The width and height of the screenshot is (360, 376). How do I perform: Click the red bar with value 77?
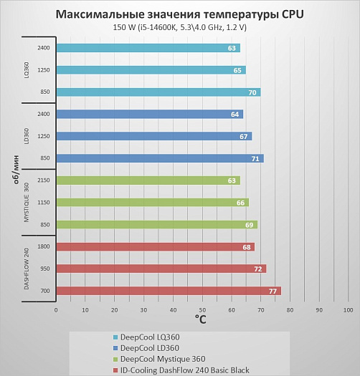[169, 291]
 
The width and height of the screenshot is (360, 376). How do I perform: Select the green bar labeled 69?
[157, 225]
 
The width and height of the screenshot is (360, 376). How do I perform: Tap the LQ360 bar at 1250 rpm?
[151, 70]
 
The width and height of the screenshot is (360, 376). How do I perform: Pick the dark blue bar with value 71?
[160, 158]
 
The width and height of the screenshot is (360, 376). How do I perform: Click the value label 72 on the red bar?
[258, 269]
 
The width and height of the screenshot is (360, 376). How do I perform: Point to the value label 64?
[235, 115]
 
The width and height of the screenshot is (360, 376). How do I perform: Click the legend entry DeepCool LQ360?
[146, 337]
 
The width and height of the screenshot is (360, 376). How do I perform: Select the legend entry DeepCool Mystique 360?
[159, 359]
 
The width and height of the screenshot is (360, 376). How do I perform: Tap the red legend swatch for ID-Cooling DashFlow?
[115, 370]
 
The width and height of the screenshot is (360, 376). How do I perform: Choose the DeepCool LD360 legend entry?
[146, 348]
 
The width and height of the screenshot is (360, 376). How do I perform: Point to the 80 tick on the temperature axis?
[290, 310]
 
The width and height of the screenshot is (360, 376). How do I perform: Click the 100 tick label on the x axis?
[349, 310]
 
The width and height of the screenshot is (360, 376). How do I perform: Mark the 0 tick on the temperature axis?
[56, 310]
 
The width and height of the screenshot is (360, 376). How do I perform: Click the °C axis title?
[201, 319]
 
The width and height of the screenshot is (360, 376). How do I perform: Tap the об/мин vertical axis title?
[16, 170]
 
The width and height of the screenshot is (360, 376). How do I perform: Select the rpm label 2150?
[44, 180]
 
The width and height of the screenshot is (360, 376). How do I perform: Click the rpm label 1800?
[44, 246]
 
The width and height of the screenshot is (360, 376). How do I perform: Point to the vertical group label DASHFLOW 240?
[27, 269]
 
